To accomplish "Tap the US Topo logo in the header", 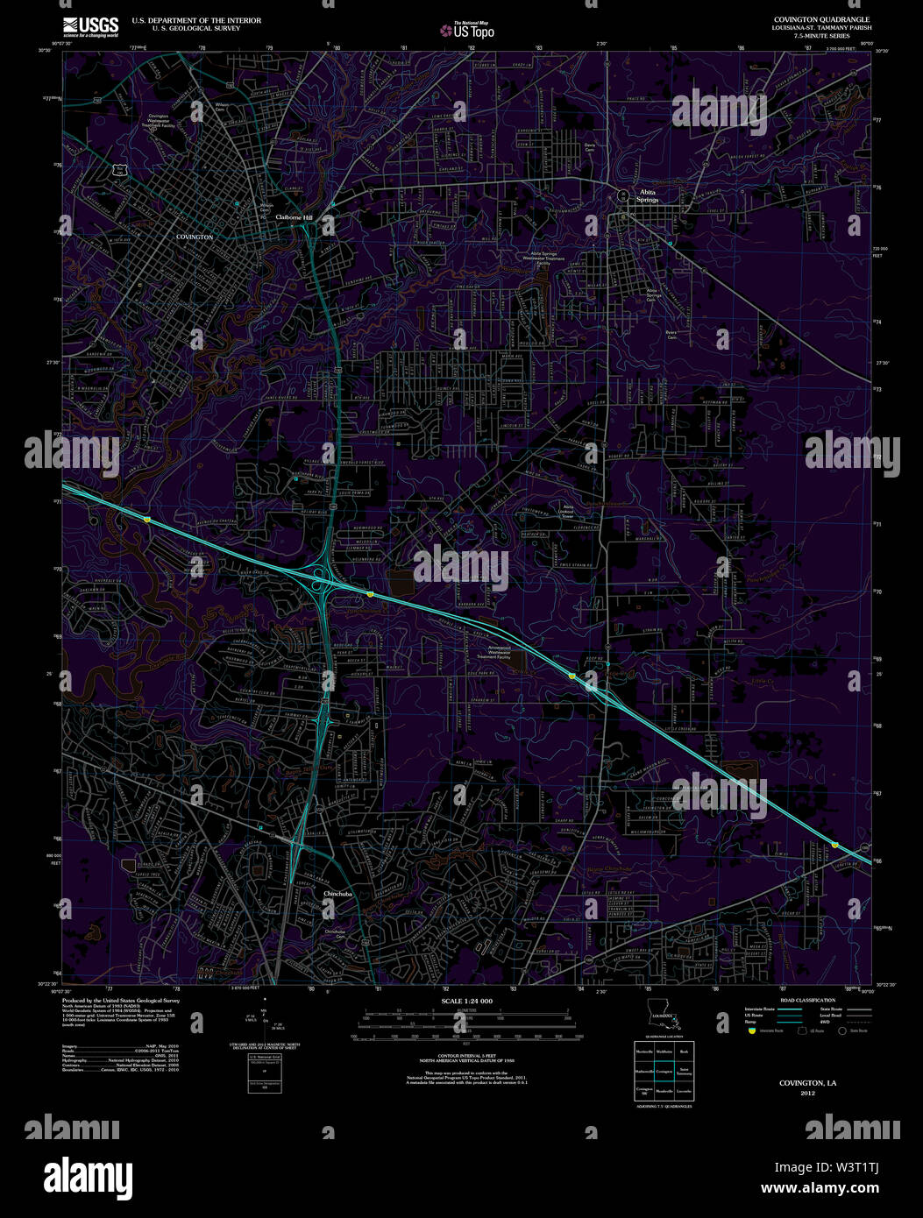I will [x=468, y=30].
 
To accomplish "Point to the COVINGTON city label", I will [x=195, y=237].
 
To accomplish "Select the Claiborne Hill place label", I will [x=299, y=216].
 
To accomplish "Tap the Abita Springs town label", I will [x=648, y=195].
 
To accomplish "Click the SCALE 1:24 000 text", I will [x=466, y=1001].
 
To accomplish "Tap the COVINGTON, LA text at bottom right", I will [x=807, y=1083].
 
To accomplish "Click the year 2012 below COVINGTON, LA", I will [x=807, y=1093].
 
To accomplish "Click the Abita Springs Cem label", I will [x=653, y=294].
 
